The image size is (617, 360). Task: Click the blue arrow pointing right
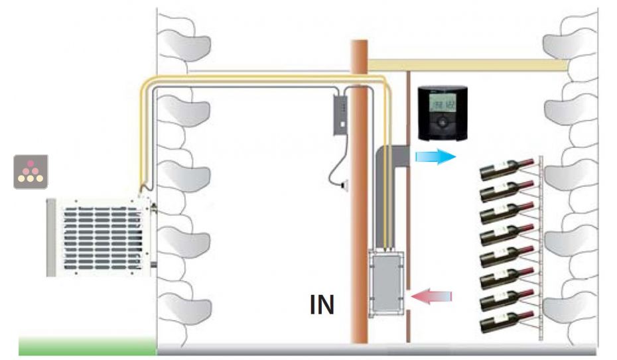(435, 157)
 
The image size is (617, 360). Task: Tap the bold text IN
(322, 304)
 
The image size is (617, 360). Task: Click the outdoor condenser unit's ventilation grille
(101, 237)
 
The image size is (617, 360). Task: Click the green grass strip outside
(86, 345)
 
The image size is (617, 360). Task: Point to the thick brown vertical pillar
(358, 199)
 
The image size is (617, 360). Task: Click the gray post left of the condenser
(51, 237)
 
